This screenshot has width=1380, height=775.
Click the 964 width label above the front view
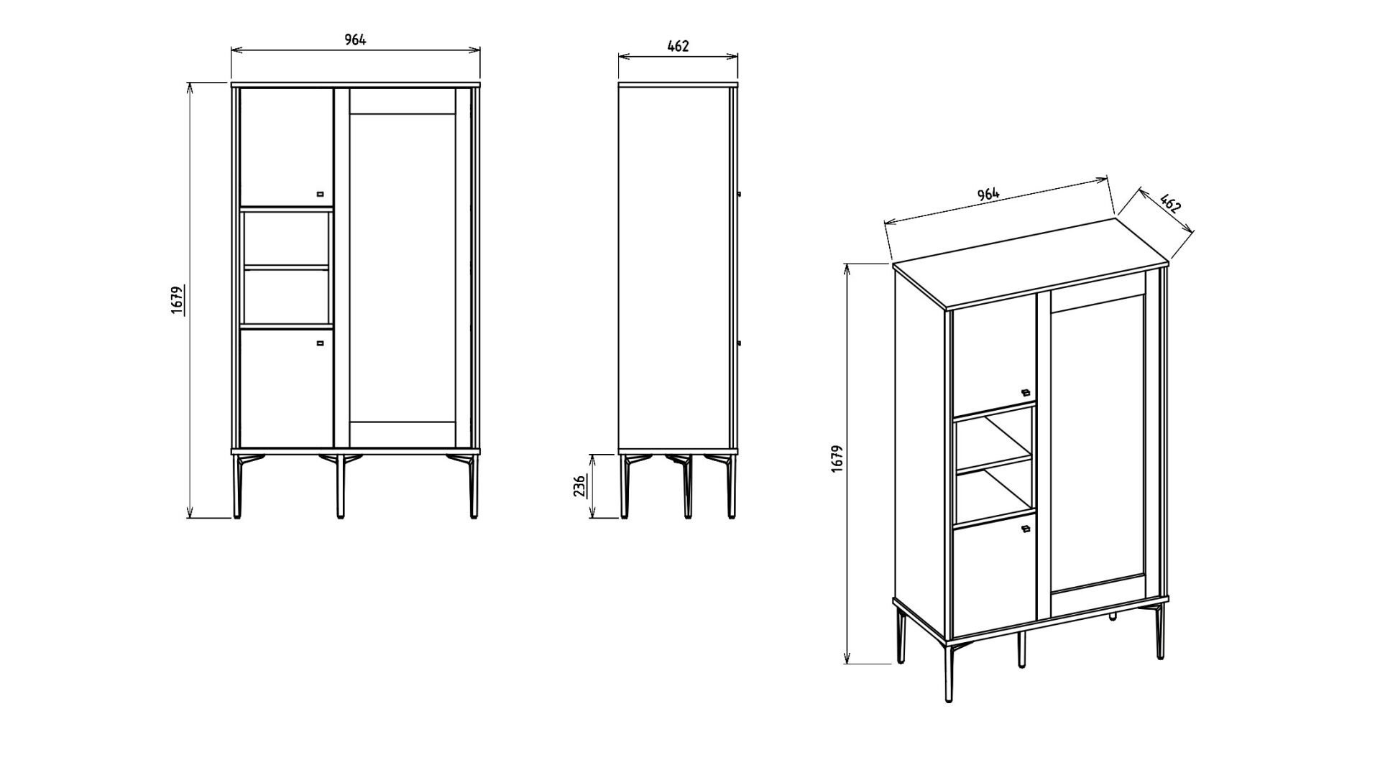pyautogui.click(x=355, y=40)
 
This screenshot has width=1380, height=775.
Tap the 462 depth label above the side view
pyautogui.click(x=678, y=46)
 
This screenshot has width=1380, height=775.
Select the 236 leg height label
pyautogui.click(x=579, y=486)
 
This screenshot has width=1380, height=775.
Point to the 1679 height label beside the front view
pyautogui.click(x=178, y=300)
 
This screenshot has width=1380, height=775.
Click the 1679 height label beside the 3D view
pyautogui.click(x=836, y=459)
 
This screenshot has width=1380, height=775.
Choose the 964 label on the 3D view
pyautogui.click(x=988, y=194)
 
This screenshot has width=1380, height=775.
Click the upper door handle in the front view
pyautogui.click(x=321, y=193)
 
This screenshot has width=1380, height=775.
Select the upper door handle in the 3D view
pyautogui.click(x=1026, y=392)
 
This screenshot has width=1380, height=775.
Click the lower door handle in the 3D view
pyautogui.click(x=1026, y=529)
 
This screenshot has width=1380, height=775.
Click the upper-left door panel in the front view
pyautogui.click(x=286, y=147)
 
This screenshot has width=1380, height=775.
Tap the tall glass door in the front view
pyautogui.click(x=402, y=268)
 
